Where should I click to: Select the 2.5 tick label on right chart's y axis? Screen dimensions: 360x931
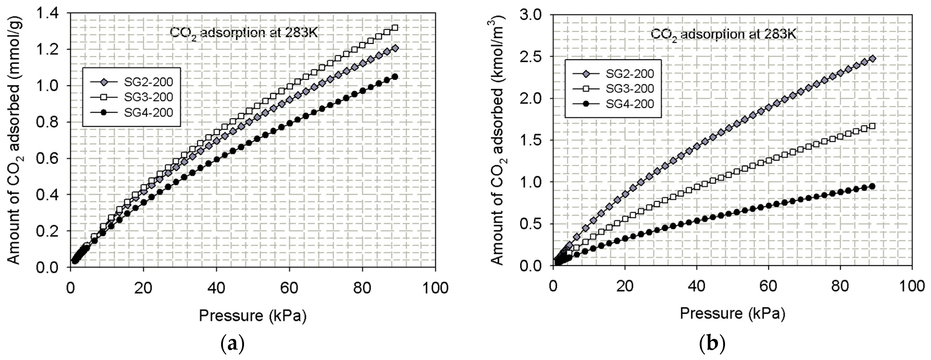(530, 57)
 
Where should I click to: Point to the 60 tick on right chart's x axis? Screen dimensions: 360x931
(768, 285)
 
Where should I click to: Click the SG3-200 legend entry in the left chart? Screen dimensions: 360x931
(148, 97)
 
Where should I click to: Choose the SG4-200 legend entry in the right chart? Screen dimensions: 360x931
(630, 104)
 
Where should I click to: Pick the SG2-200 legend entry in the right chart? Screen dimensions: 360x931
(630, 74)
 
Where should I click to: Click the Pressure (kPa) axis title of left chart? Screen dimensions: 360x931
(253, 315)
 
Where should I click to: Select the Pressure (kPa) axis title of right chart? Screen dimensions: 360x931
(733, 313)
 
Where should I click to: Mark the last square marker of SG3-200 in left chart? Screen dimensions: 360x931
(395, 28)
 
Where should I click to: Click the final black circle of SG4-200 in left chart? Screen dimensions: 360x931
(395, 77)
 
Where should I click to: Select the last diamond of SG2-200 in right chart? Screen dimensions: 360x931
(872, 59)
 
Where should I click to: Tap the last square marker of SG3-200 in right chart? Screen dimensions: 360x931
(872, 126)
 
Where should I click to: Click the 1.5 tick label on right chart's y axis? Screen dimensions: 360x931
(530, 140)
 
